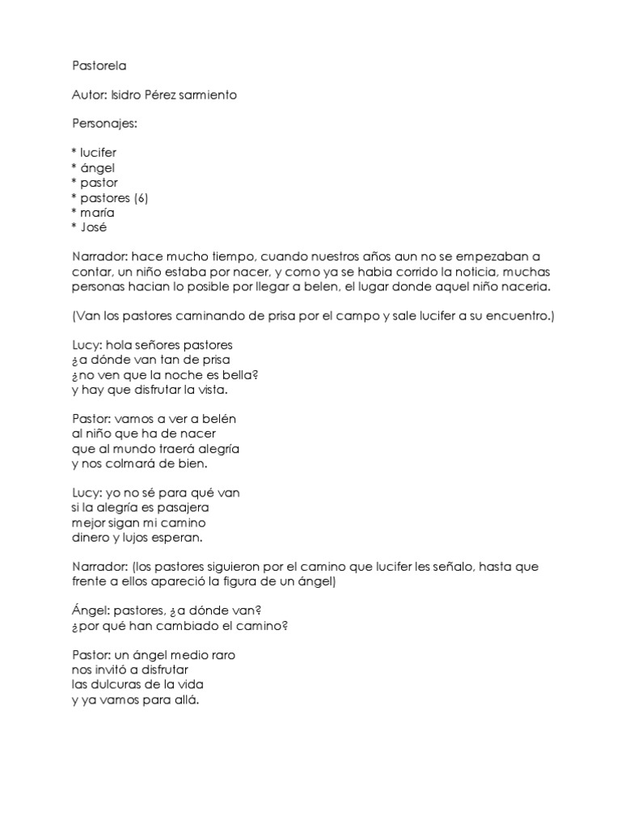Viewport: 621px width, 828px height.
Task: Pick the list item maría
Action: tap(96, 213)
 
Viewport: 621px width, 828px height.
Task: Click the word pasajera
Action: tap(183, 508)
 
